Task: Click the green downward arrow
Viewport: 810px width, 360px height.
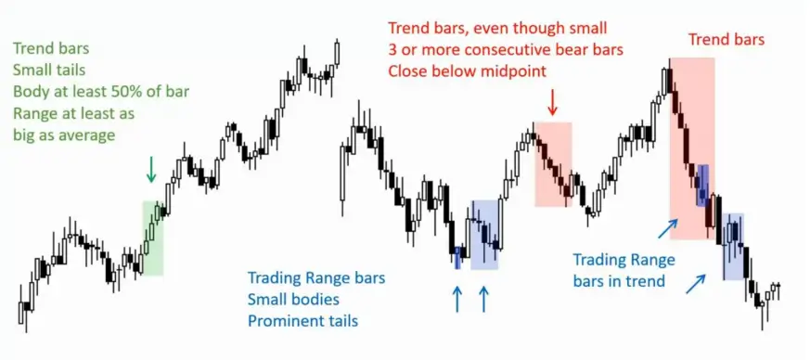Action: click(151, 170)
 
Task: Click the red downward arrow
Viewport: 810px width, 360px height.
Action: click(553, 103)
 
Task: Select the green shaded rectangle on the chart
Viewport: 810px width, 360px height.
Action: click(153, 238)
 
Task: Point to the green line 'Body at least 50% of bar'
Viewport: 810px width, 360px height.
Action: click(101, 92)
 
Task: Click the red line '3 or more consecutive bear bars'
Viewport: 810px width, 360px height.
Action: click(506, 49)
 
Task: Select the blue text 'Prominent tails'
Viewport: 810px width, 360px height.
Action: click(302, 320)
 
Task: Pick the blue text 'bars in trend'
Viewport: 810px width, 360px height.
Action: click(618, 281)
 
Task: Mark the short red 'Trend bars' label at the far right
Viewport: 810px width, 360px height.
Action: click(726, 40)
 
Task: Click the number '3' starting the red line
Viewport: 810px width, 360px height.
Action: click(392, 49)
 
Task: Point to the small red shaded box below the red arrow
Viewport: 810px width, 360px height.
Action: click(554, 164)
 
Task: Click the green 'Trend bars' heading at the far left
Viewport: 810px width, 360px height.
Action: click(51, 48)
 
